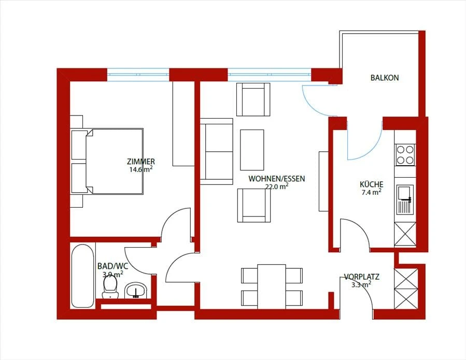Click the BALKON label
coord(384,78)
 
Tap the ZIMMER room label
coord(141,162)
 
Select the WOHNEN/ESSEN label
coord(277,179)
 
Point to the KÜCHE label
coord(372,184)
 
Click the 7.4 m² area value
coord(372,192)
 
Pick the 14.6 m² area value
coord(141,169)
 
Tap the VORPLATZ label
coord(362,277)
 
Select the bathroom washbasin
coord(136,290)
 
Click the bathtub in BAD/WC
coord(82,276)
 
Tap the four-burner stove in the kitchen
coord(405,155)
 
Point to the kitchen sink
coord(405,199)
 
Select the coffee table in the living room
coord(252,150)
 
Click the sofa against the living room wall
coord(216,151)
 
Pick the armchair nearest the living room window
coord(253,99)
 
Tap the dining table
coord(272,286)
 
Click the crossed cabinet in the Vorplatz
coord(406,289)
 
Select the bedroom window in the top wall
coord(138,75)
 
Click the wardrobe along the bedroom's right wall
coord(183,124)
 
